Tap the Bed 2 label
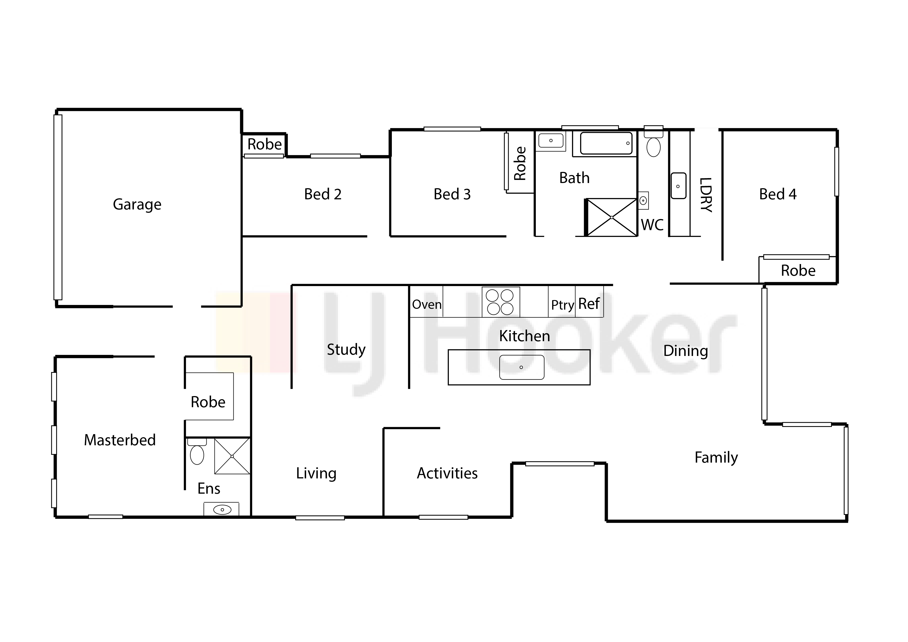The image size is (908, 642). pyautogui.click(x=323, y=194)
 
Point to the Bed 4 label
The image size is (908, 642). pyautogui.click(x=777, y=194)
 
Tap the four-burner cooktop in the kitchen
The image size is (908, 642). pyautogui.click(x=500, y=302)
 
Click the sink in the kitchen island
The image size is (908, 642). pyautogui.click(x=522, y=367)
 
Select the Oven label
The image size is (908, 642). pyautogui.click(x=427, y=304)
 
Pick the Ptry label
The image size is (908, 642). pyautogui.click(x=562, y=305)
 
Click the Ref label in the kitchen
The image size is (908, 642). pyautogui.click(x=589, y=304)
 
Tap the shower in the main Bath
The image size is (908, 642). pyautogui.click(x=611, y=217)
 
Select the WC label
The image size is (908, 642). pyautogui.click(x=652, y=225)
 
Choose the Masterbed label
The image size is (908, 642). pyautogui.click(x=120, y=440)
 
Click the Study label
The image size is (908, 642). pyautogui.click(x=346, y=349)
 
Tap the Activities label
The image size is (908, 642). pyautogui.click(x=447, y=473)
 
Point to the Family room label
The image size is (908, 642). pyautogui.click(x=716, y=458)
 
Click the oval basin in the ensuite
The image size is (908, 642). pyautogui.click(x=222, y=509)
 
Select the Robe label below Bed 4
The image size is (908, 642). pyautogui.click(x=798, y=271)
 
